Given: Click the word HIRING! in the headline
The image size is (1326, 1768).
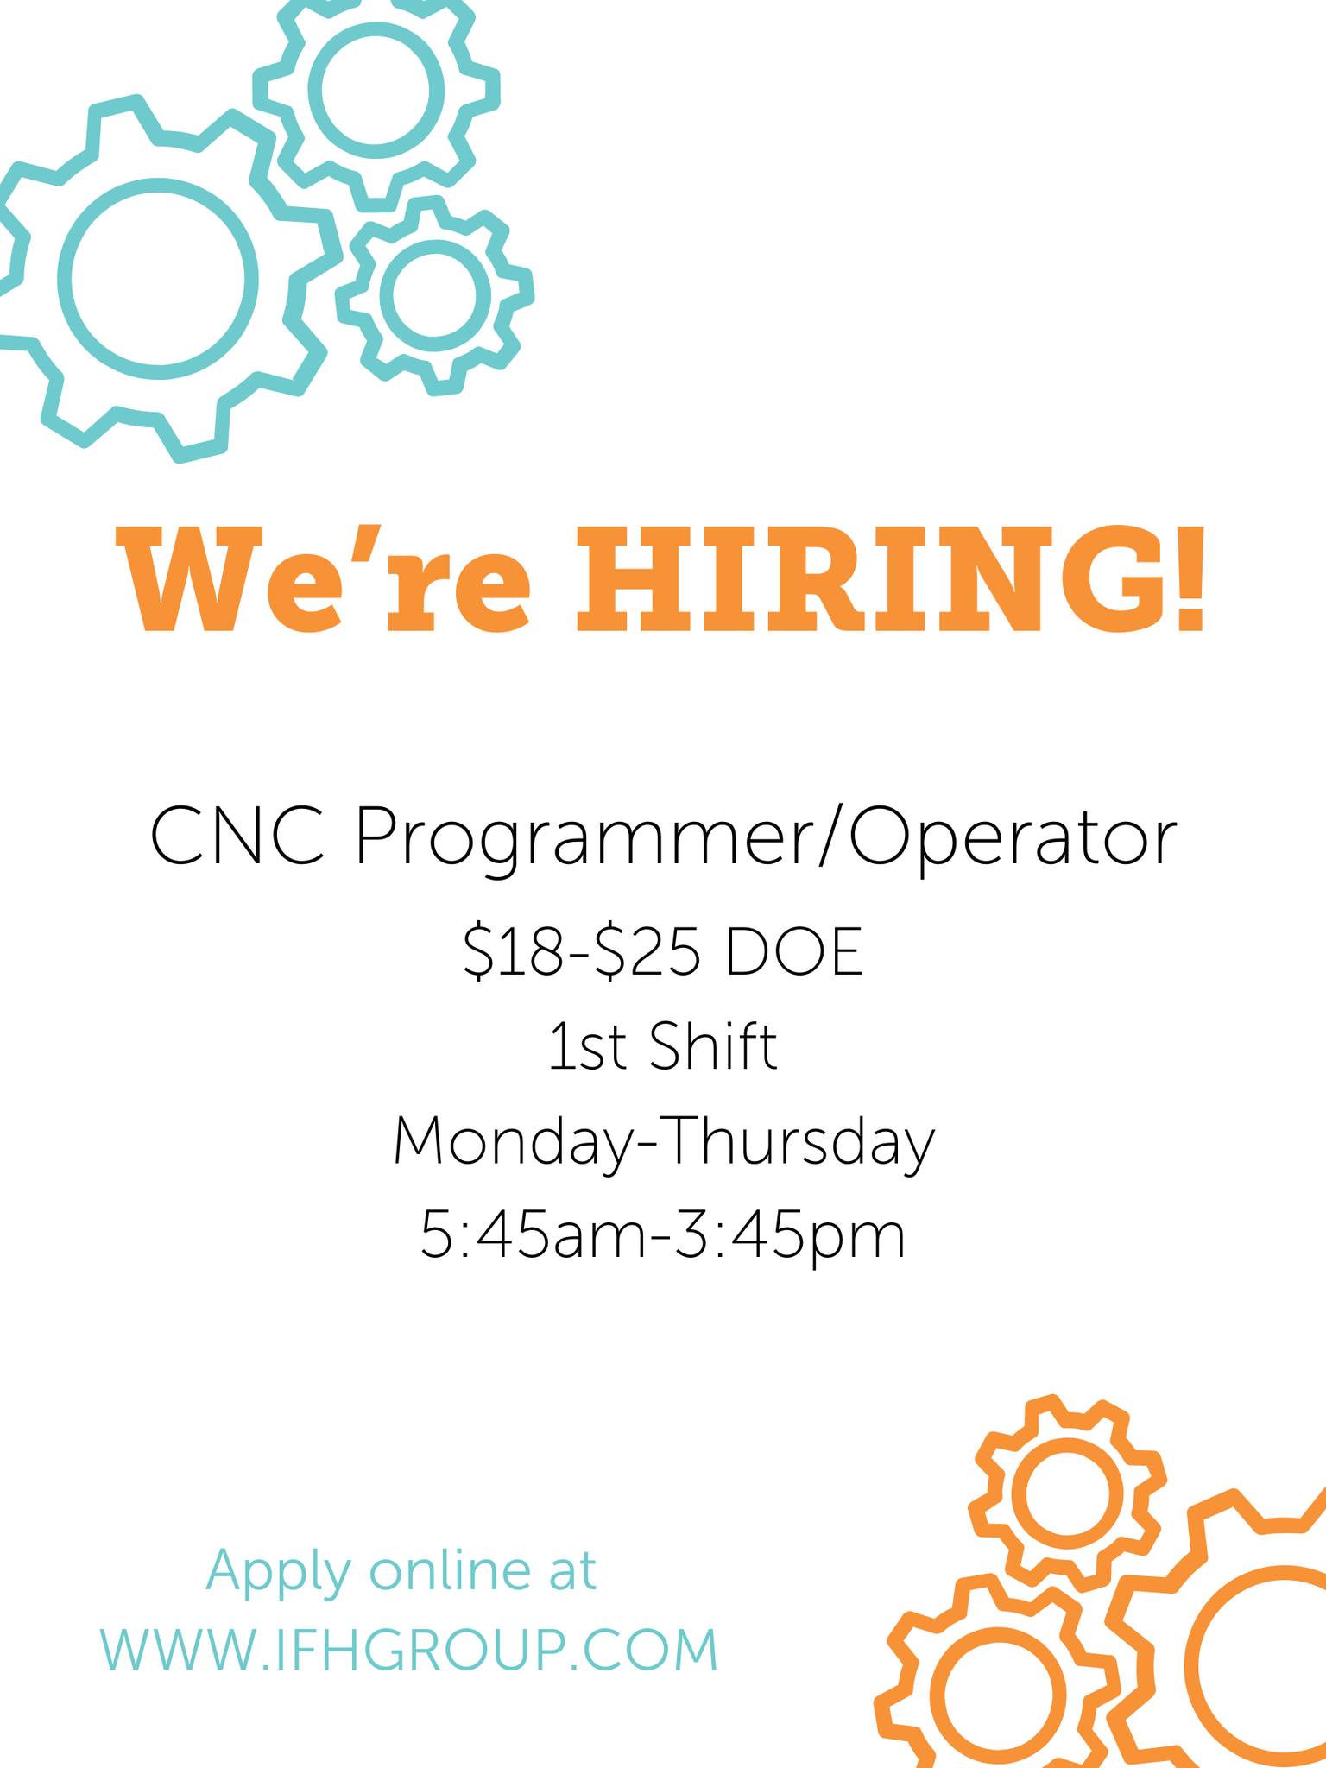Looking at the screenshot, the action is pyautogui.click(x=890, y=578).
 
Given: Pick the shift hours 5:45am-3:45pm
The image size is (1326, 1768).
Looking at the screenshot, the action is pyautogui.click(x=663, y=1235).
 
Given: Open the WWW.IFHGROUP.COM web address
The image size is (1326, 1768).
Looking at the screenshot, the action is pyautogui.click(x=410, y=1650).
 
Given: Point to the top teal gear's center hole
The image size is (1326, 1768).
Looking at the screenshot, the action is pyautogui.click(x=376, y=85).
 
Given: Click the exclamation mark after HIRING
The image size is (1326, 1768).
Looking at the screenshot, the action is pyautogui.click(x=1189, y=578).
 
